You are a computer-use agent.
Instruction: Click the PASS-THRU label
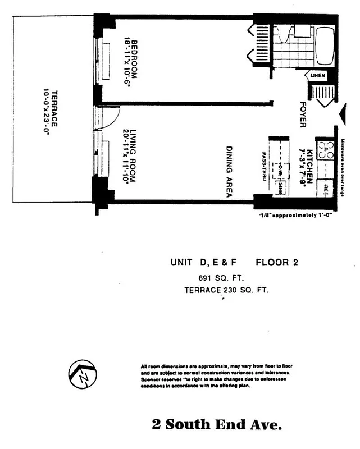(x=262, y=166)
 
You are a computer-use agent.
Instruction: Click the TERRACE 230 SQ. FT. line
(x=226, y=290)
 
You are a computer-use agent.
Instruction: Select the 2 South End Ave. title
(x=217, y=425)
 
